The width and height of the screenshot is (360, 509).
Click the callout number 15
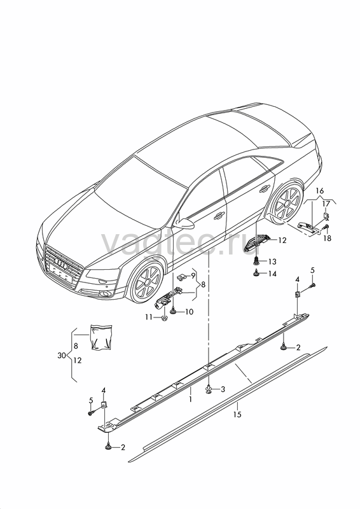237,415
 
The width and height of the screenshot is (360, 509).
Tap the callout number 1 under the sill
191,399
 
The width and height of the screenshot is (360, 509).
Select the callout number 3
223,389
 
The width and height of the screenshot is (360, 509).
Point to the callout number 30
62,356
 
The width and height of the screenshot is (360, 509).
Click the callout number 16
320,190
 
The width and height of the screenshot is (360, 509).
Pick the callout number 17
326,204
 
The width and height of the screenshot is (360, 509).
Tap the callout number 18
327,238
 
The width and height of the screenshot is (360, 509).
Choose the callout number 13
272,261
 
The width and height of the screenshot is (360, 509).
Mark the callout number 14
272,274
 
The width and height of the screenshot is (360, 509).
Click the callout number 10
190,312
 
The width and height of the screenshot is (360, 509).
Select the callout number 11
149,317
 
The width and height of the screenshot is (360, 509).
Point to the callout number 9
193,276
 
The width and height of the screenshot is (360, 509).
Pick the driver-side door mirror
184,223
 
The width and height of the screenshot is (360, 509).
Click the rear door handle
265,188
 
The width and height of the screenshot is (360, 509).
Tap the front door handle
219,215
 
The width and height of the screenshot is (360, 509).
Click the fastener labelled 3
209,389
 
